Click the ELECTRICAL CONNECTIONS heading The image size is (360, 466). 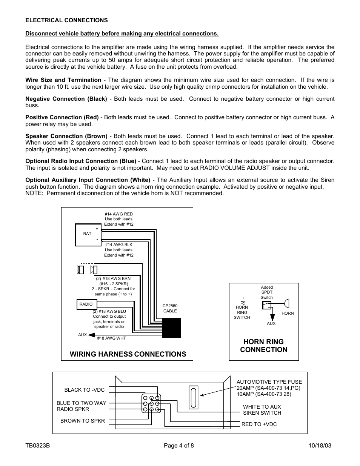[66, 20]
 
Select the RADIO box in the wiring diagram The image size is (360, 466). [86, 304]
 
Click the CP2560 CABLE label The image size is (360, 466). [170, 309]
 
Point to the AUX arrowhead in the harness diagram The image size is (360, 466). [92, 335]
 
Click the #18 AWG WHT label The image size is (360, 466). [111, 338]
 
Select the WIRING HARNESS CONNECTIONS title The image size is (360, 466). [128, 354]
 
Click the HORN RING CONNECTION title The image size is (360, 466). [263, 346]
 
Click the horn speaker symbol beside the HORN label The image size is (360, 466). [286, 303]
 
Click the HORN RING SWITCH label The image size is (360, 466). [242, 312]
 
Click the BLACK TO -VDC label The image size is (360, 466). [84, 390]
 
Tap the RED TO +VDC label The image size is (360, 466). [259, 424]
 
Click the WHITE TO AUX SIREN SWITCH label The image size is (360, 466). [262, 410]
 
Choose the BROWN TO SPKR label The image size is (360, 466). [83, 421]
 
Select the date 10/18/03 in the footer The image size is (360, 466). [320, 446]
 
